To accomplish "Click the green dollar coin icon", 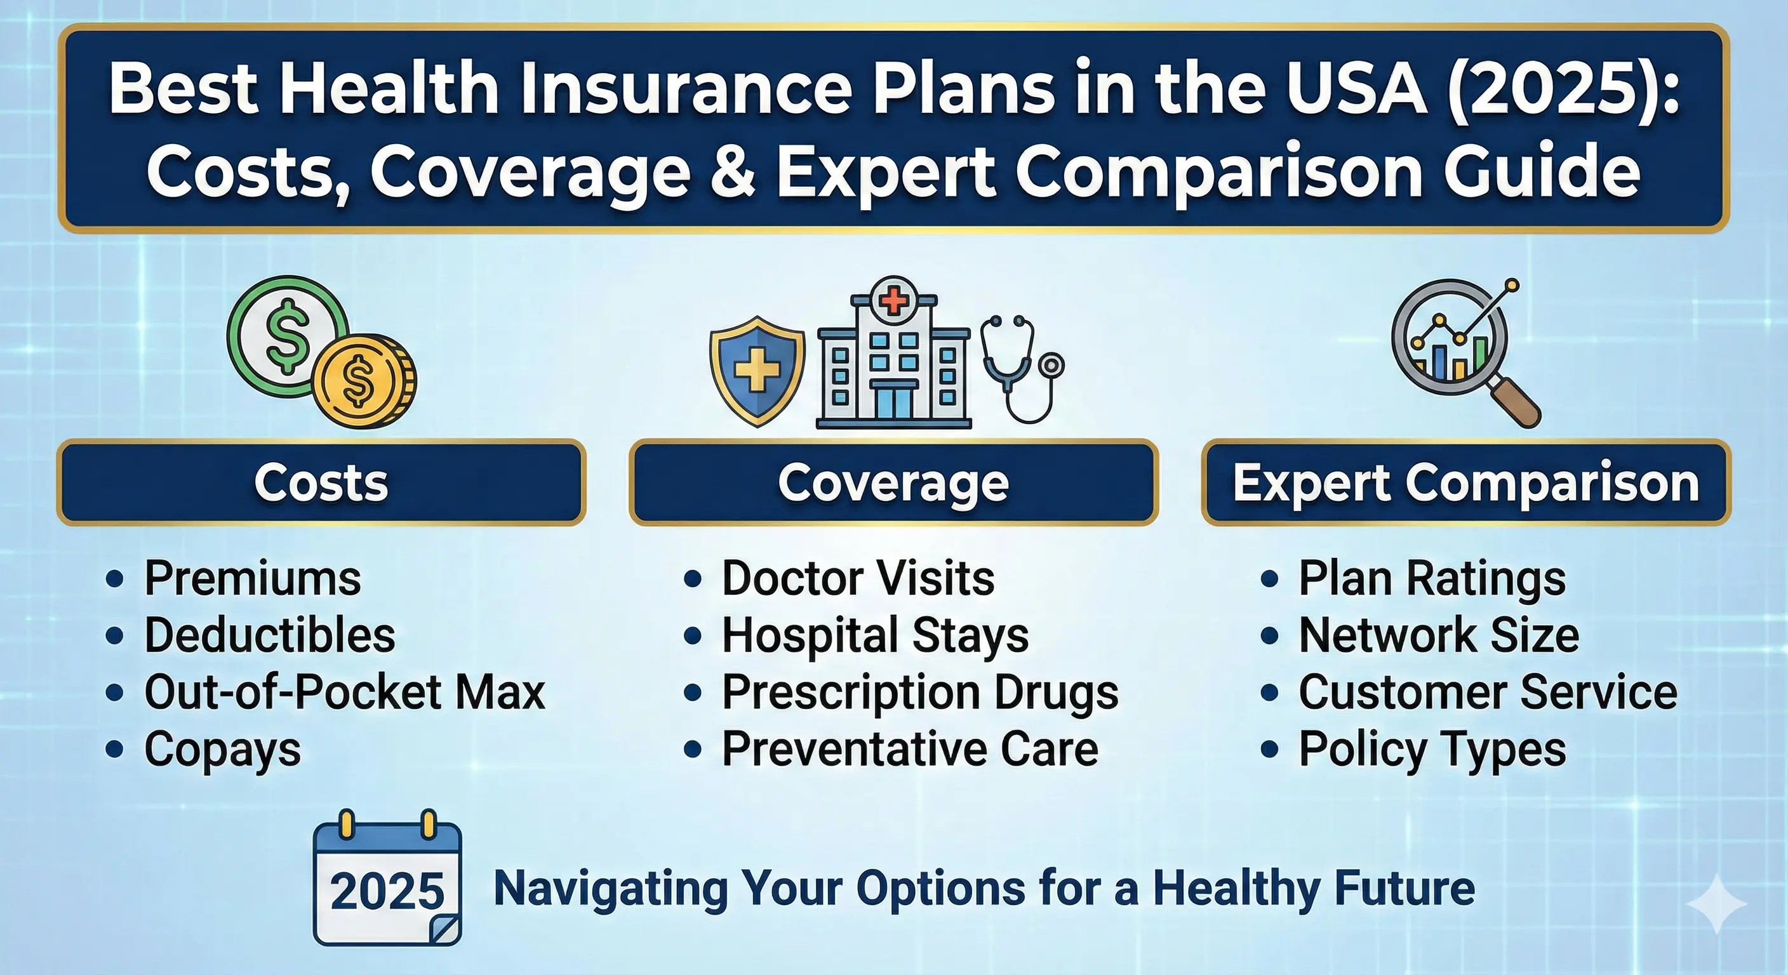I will pyautogui.click(x=288, y=336).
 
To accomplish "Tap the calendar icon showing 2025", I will pyautogui.click(x=387, y=877).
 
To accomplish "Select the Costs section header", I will pyautogui.click(x=321, y=482).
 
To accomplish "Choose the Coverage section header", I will pyautogui.click(x=893, y=482).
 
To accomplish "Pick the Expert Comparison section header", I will pyautogui.click(x=1466, y=482).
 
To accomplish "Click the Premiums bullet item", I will pyautogui.click(x=253, y=578).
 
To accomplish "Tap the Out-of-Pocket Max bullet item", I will pyautogui.click(x=344, y=692).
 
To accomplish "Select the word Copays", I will pyautogui.click(x=223, y=750).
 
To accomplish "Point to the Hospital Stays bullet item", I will pyautogui.click(x=875, y=635).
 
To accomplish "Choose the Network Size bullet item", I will pyautogui.click(x=1439, y=635).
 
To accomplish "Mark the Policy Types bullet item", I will pyautogui.click(x=1432, y=750).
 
